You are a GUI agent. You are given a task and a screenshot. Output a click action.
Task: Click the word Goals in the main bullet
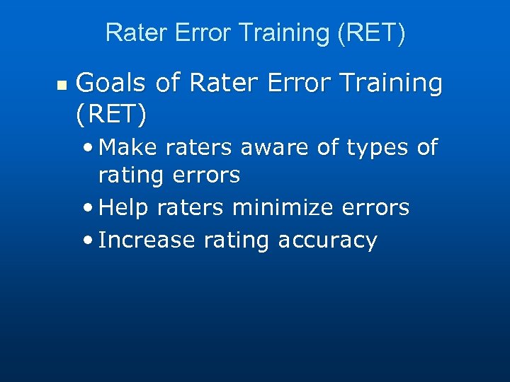pos(112,83)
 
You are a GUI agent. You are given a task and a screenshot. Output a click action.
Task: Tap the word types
pos(373,149)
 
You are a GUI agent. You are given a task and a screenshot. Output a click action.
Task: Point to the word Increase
pos(147,241)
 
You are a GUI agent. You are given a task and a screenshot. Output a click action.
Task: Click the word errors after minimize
pos(376,207)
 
